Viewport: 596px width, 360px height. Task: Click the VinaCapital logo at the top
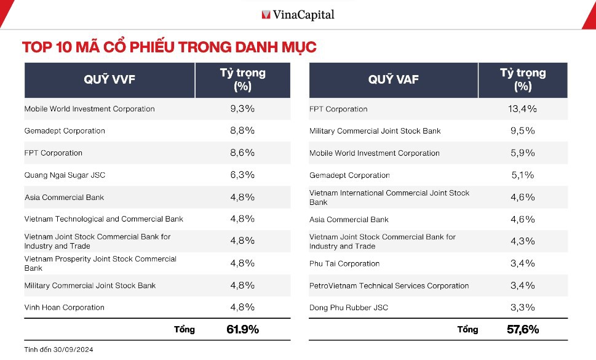pyautogui.click(x=298, y=14)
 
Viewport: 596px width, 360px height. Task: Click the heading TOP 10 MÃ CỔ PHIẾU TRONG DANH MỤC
pyautogui.click(x=169, y=47)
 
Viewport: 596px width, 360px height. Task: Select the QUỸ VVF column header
pyautogui.click(x=109, y=79)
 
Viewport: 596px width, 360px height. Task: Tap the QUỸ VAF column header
pyautogui.click(x=393, y=79)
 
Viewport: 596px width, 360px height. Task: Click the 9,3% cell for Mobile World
pyautogui.click(x=242, y=109)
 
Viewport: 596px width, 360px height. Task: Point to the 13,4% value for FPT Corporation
pyautogui.click(x=522, y=109)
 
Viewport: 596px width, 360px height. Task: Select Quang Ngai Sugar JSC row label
pyautogui.click(x=65, y=175)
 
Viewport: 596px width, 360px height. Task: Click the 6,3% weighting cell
pyautogui.click(x=242, y=175)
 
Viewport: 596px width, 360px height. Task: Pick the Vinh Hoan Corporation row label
pyautogui.click(x=65, y=308)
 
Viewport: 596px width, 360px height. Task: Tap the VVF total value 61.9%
pyautogui.click(x=242, y=329)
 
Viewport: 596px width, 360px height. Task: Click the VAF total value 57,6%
pyautogui.click(x=522, y=329)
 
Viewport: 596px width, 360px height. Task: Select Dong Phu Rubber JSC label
pyautogui.click(x=349, y=308)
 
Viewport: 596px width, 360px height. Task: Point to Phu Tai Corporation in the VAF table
pyautogui.click(x=344, y=263)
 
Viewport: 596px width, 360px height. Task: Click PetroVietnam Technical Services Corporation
pyautogui.click(x=389, y=286)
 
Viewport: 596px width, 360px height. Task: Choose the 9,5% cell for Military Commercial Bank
pyautogui.click(x=522, y=130)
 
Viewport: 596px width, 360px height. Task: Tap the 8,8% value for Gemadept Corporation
pyautogui.click(x=242, y=130)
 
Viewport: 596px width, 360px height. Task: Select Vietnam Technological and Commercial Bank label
pyautogui.click(x=104, y=219)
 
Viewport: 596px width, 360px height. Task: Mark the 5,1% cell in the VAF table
pyautogui.click(x=522, y=175)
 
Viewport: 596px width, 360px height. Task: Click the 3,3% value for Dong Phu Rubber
pyautogui.click(x=522, y=307)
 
